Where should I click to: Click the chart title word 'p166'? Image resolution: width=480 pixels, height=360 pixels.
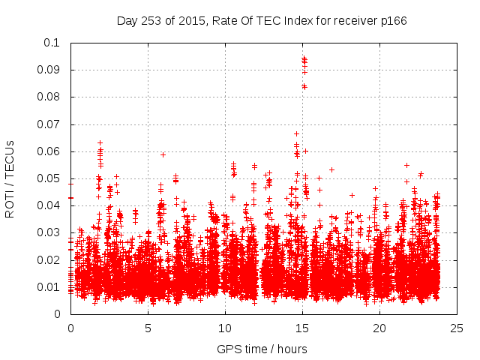[394, 21]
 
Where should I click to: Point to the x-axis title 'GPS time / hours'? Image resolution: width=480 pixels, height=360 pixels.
[262, 349]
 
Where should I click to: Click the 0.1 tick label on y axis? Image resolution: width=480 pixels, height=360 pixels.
[52, 43]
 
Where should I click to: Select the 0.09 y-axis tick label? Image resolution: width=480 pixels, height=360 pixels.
[49, 70]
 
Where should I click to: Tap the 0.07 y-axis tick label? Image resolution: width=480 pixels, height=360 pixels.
[49, 124]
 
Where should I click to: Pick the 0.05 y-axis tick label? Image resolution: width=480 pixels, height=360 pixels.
[49, 178]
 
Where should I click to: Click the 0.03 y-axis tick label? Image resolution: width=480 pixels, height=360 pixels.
[49, 232]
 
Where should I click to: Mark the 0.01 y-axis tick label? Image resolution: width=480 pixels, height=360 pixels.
[49, 287]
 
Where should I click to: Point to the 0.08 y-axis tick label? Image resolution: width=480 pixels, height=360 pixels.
[49, 97]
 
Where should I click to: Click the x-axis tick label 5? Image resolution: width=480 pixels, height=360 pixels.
[148, 328]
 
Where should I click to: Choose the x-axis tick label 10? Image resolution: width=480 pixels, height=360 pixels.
[225, 328]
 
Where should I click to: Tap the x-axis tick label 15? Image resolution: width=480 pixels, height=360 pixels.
[302, 328]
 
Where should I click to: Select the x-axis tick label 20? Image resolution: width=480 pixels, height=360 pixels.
[380, 328]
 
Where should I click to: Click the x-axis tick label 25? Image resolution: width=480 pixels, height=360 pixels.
[457, 328]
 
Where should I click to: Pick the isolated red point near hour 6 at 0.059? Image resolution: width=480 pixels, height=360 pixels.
[163, 154]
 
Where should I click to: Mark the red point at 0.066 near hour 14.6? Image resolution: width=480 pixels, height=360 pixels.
[296, 134]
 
